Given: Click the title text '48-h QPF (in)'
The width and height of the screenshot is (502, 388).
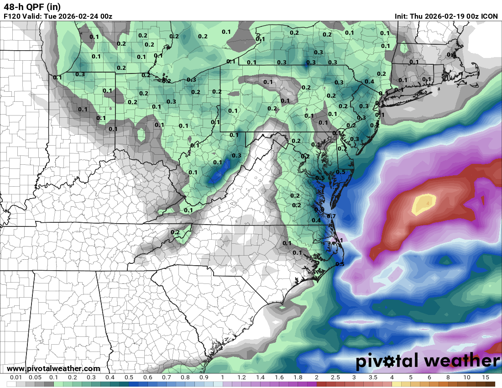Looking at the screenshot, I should (31, 7).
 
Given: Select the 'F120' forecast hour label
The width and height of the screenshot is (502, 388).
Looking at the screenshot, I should (12, 16).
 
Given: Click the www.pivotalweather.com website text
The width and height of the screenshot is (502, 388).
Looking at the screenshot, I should (53, 368).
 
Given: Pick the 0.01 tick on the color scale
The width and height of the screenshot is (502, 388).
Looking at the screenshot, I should (16, 378).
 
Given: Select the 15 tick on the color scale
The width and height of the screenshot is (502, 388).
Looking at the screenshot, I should (485, 378).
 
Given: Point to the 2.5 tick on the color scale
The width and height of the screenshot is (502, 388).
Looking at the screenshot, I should (335, 378).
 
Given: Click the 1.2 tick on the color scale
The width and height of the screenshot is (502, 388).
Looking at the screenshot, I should (241, 378).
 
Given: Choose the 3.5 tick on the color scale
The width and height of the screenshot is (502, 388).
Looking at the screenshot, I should (373, 378).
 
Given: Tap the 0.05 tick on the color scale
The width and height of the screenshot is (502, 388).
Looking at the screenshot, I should (35, 378).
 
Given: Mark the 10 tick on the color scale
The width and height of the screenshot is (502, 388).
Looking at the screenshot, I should (466, 378).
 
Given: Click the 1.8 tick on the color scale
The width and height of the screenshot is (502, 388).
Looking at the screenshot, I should (298, 378).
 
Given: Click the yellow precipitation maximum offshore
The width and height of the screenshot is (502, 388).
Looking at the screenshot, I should (424, 204).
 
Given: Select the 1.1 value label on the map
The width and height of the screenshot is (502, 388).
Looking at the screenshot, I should (339, 240).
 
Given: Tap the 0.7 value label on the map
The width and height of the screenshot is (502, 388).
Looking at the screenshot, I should (332, 216).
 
